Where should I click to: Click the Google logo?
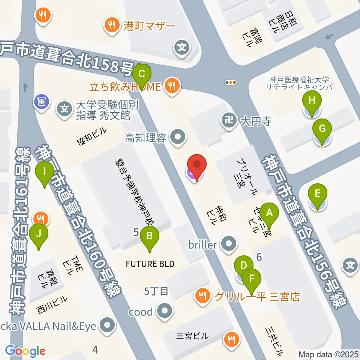[x=25, y=351]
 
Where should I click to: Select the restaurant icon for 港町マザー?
[x=111, y=26]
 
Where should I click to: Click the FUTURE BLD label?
[x=150, y=264]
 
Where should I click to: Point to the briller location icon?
[x=229, y=245]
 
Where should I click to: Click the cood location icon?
[x=164, y=311]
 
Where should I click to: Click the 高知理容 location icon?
[x=177, y=138]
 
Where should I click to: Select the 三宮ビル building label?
[x=192, y=336]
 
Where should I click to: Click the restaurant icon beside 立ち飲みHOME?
[x=172, y=86]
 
